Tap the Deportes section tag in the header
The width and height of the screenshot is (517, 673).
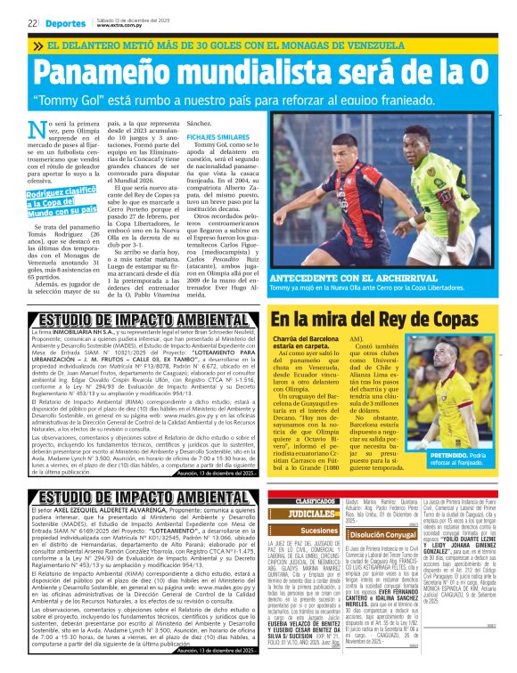point(65,23)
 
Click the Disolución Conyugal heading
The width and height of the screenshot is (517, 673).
point(379,534)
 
